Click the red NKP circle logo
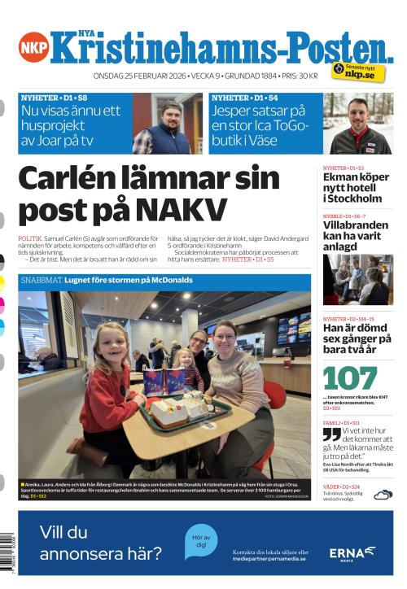(x=33, y=46)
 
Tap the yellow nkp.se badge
(x=358, y=72)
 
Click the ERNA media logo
(x=352, y=553)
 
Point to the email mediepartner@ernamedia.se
(x=269, y=559)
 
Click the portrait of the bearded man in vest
(x=166, y=124)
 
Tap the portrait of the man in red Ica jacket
(x=358, y=124)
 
